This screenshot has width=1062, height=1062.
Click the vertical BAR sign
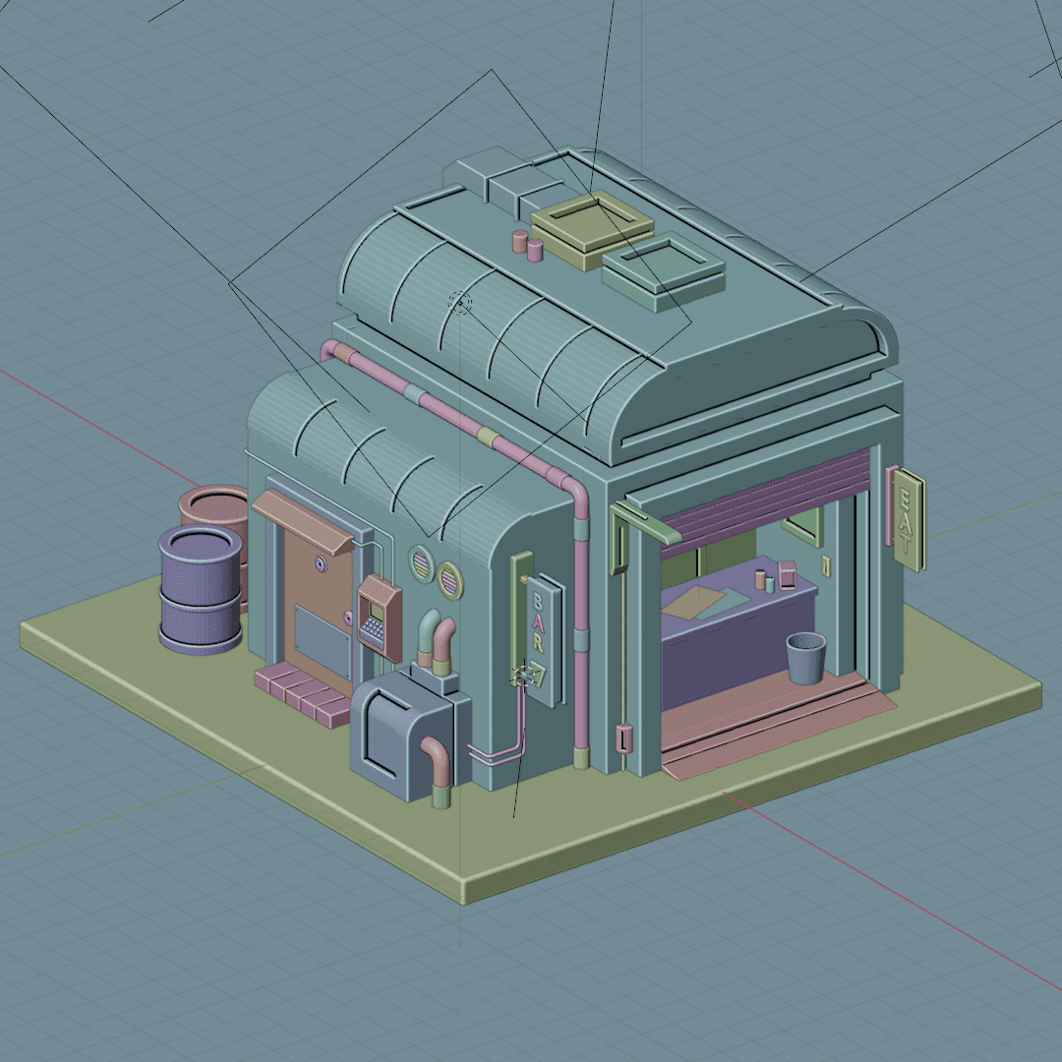point(545,640)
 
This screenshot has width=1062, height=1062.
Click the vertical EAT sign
point(909,519)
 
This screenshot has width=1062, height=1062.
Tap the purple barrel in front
point(201,590)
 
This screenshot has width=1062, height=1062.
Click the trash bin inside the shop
point(806,658)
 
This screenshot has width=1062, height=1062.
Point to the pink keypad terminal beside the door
point(380,617)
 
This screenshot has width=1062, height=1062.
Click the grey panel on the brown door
point(324,641)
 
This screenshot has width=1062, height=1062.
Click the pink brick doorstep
point(302,693)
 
